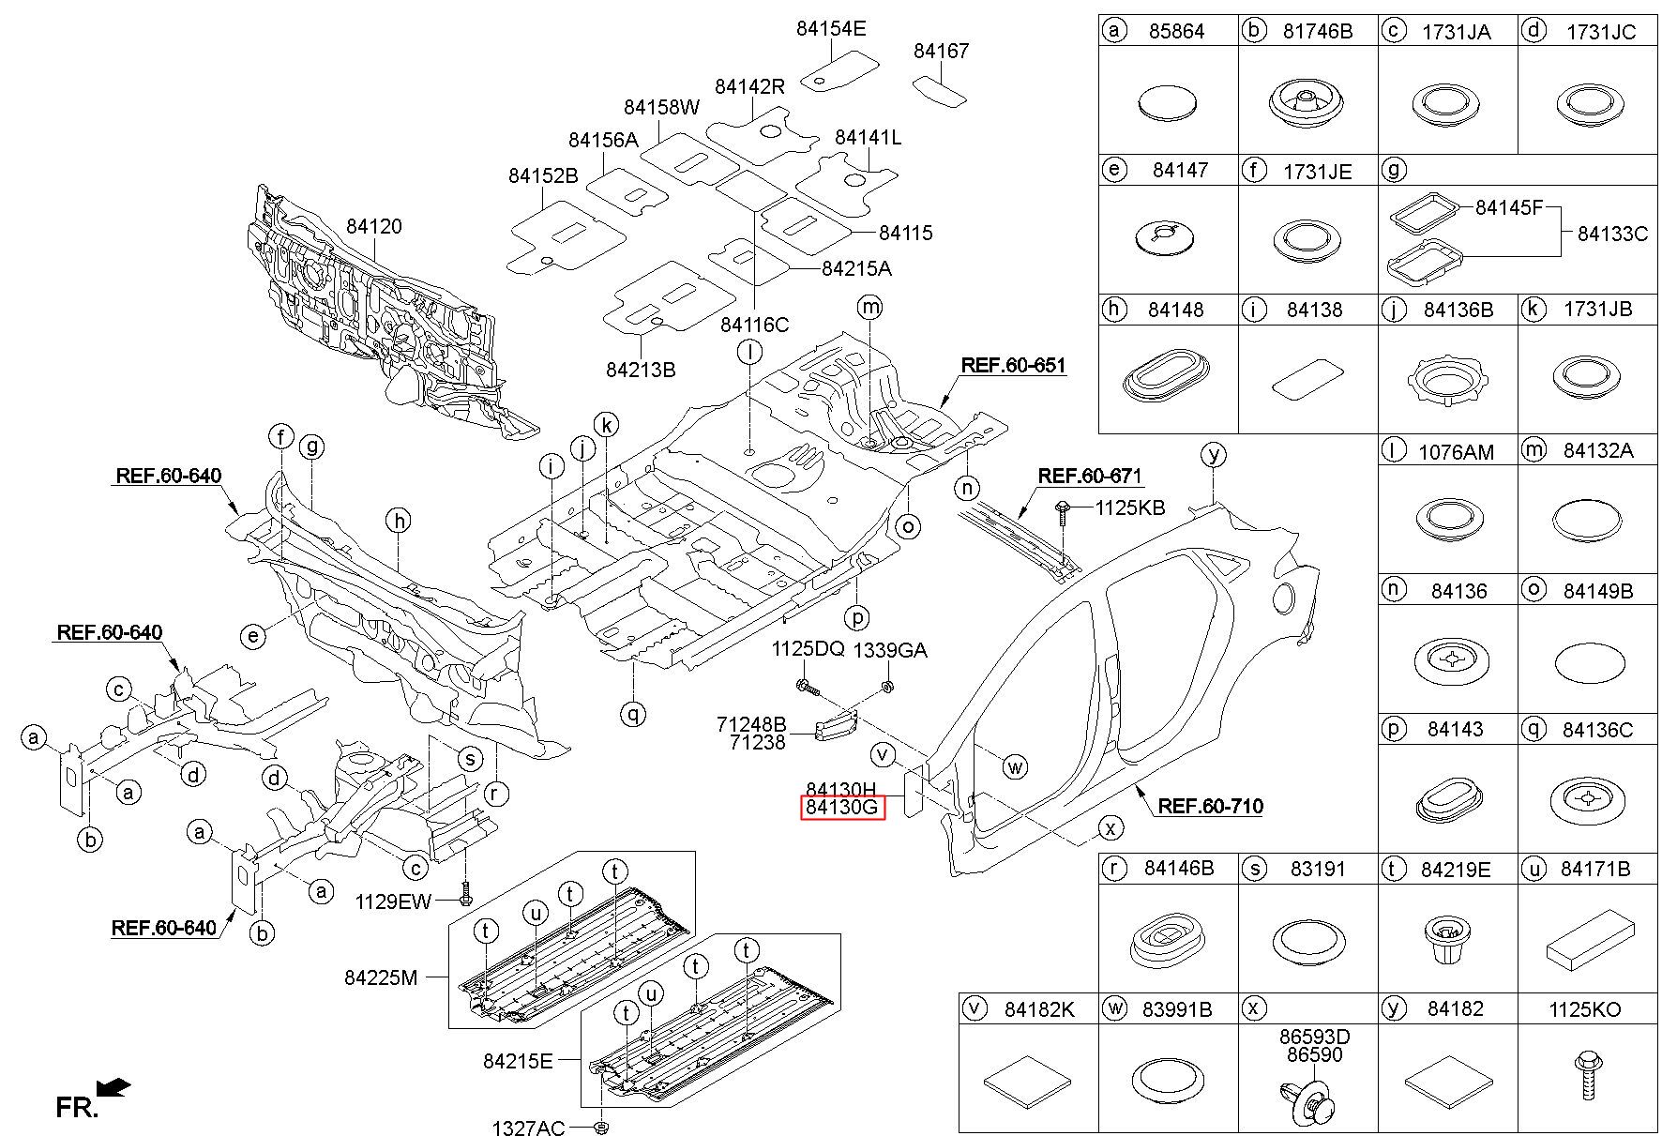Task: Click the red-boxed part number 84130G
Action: point(842,807)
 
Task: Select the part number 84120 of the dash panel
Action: point(373,226)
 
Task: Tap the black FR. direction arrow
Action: point(113,1087)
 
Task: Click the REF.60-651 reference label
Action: point(1014,365)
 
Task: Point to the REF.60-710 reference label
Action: point(1210,806)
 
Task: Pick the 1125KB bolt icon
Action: point(1063,508)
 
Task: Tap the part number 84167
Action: point(941,51)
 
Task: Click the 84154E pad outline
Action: point(839,73)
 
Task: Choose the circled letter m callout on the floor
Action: point(870,307)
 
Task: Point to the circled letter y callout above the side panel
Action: point(1214,455)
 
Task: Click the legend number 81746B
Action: point(1318,31)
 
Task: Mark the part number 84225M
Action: point(380,977)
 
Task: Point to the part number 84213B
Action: point(641,370)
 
